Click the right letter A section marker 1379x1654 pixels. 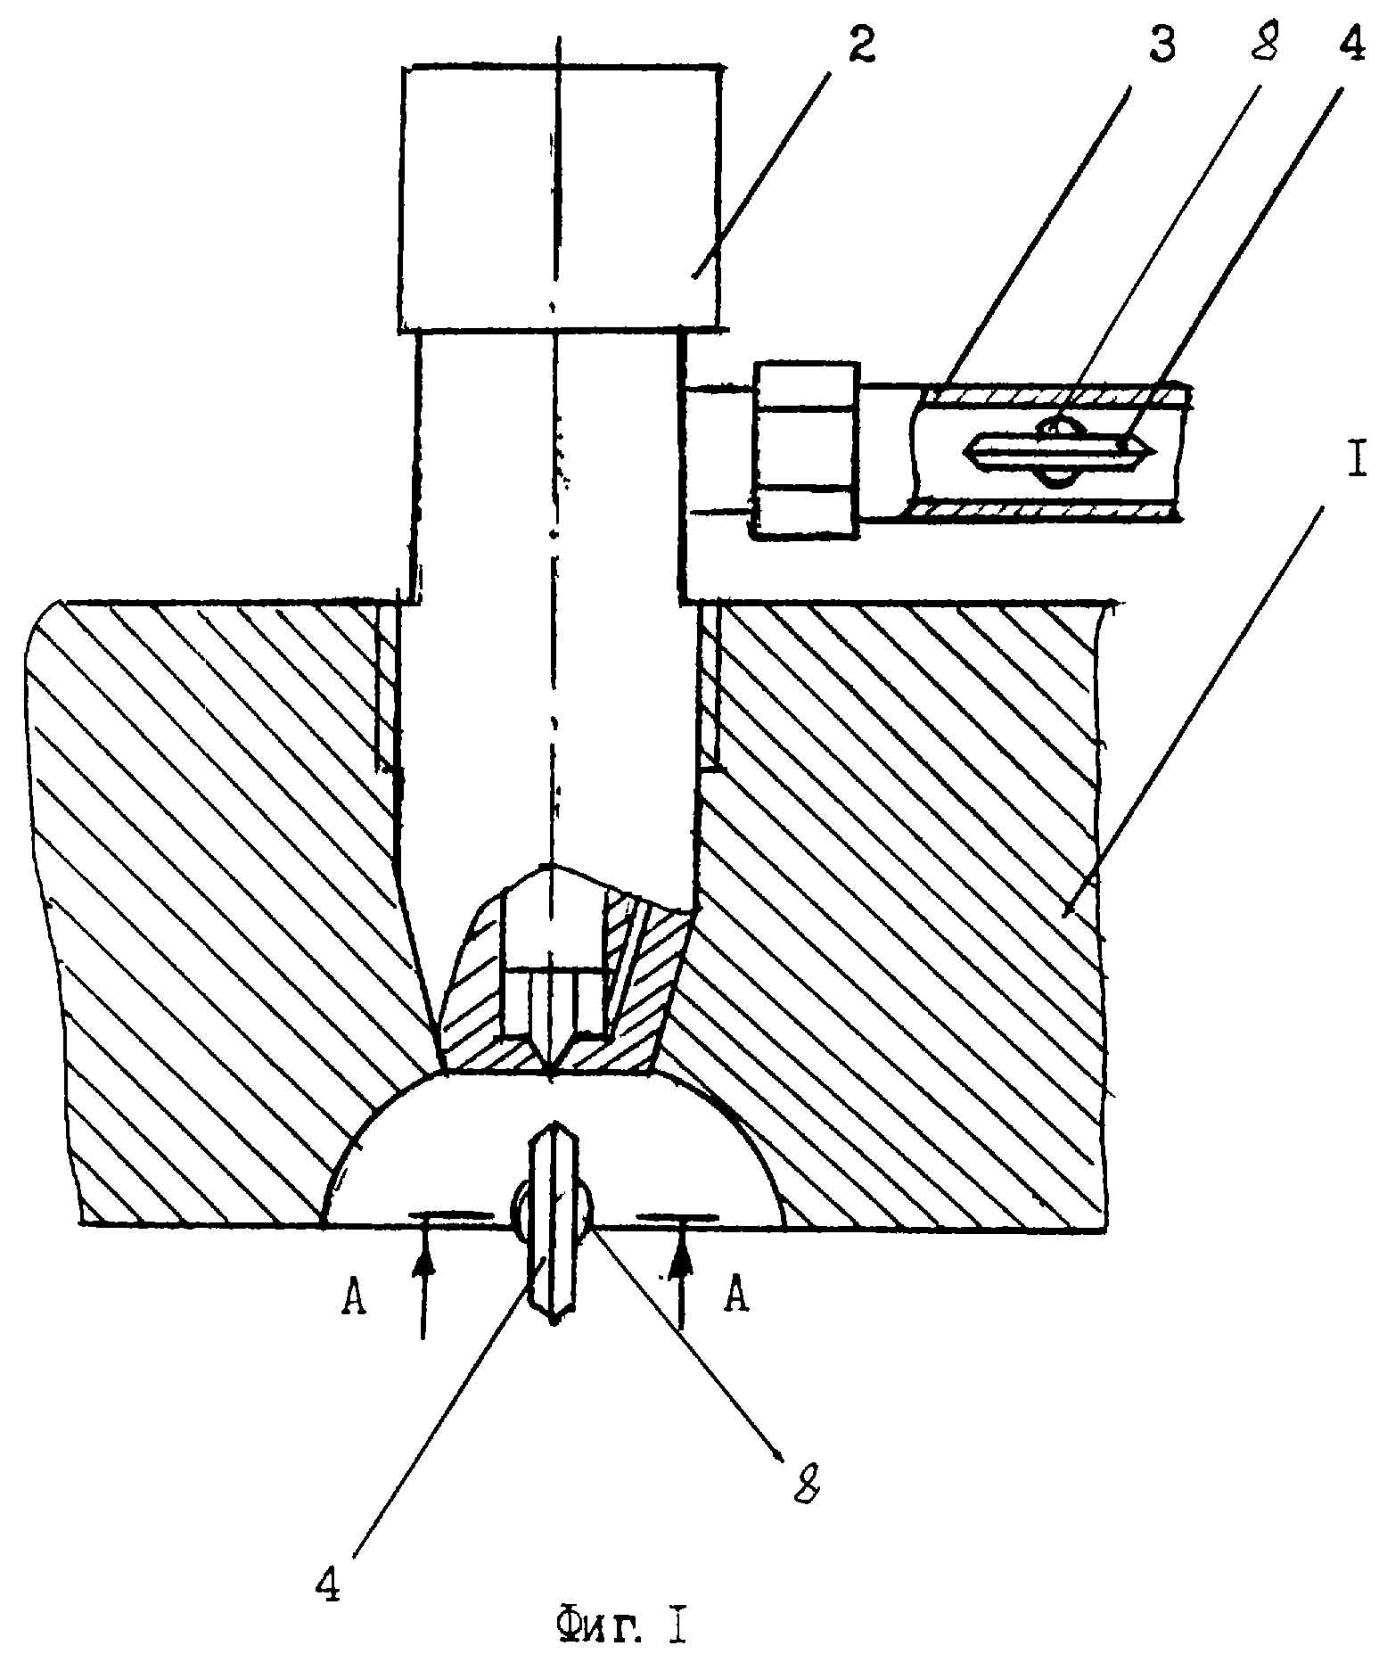735,1295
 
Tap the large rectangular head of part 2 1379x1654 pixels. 559,198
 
